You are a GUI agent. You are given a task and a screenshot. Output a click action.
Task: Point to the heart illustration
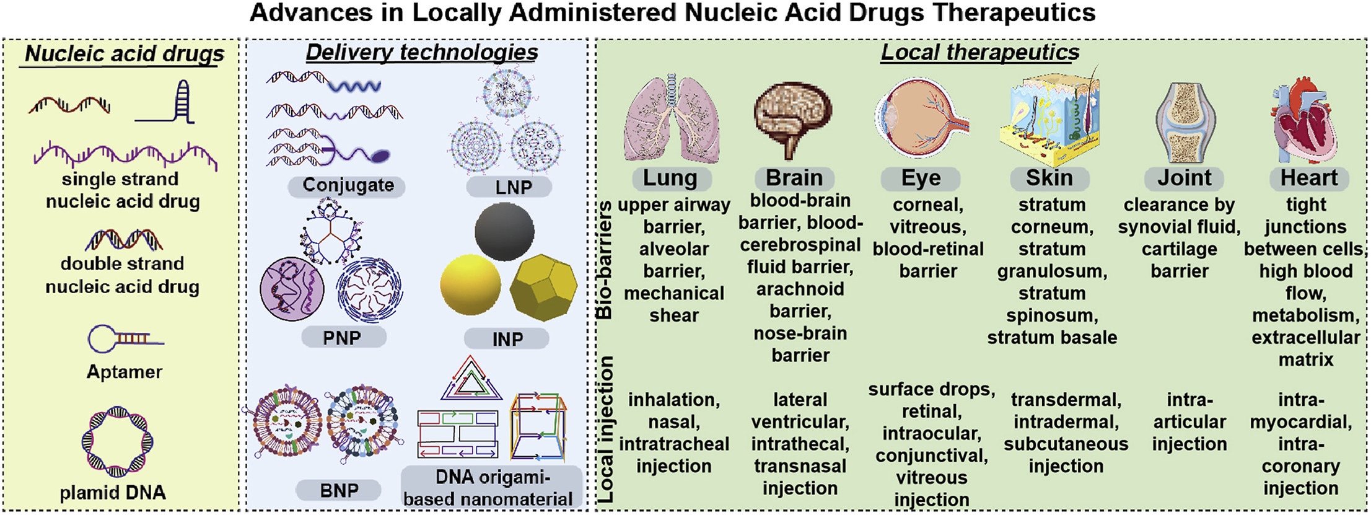pyautogui.click(x=1304, y=121)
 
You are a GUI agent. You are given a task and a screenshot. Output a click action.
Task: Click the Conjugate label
pyautogui.click(x=348, y=185)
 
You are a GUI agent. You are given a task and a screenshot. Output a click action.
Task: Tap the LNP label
pyautogui.click(x=513, y=187)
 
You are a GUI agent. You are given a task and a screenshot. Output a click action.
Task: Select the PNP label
pyautogui.click(x=342, y=338)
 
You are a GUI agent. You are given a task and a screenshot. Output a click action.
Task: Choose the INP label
pyautogui.click(x=507, y=339)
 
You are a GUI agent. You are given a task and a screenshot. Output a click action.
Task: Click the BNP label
pyautogui.click(x=339, y=490)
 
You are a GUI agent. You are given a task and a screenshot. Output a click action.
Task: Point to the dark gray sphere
pyautogui.click(x=504, y=232)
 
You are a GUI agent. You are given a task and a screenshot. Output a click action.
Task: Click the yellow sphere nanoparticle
pyautogui.click(x=470, y=286)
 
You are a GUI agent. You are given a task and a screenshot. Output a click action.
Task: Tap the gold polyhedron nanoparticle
pyautogui.click(x=543, y=287)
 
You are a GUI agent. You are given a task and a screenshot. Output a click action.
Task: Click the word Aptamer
pyautogui.click(x=124, y=372)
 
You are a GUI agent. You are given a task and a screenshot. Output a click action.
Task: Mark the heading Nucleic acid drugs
pyautogui.click(x=125, y=54)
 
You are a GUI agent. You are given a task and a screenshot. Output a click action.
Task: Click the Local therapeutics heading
pyautogui.click(x=980, y=53)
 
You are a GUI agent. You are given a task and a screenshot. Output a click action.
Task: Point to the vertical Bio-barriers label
pyautogui.click(x=604, y=260)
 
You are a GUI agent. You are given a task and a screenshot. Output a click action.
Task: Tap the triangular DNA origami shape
pyautogui.click(x=471, y=378)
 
